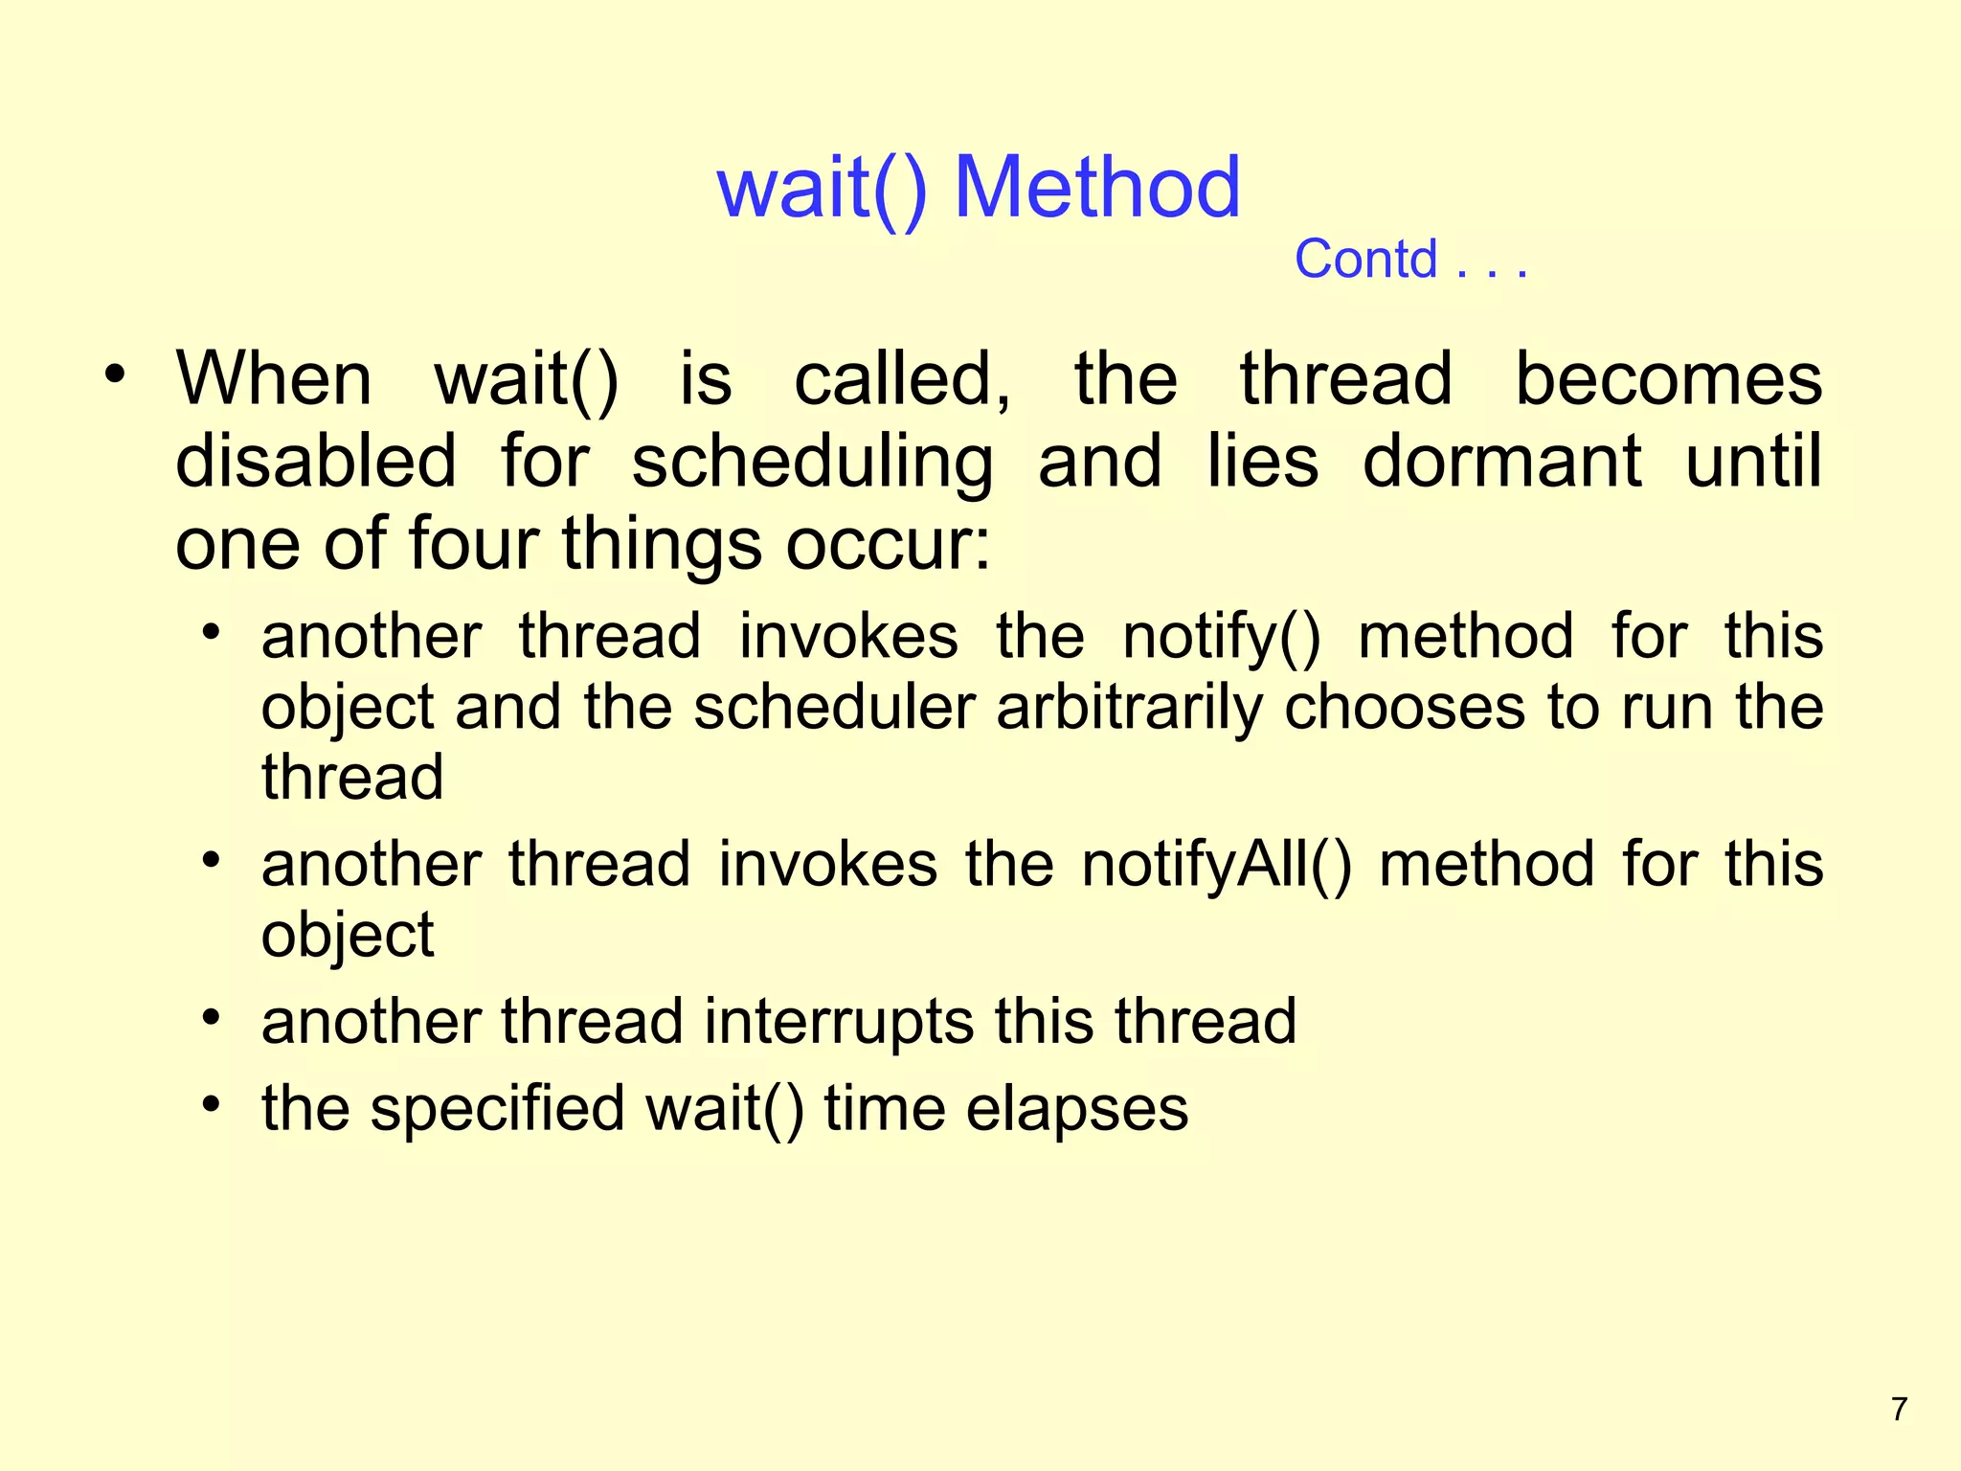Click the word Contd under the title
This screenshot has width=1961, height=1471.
click(1365, 260)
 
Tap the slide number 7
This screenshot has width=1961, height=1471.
click(1900, 1410)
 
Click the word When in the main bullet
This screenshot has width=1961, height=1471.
click(274, 379)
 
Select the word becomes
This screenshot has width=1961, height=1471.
click(1668, 379)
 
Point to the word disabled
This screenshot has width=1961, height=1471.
click(316, 462)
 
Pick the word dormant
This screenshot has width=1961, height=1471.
click(1501, 462)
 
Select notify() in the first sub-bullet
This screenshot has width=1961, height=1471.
click(1221, 638)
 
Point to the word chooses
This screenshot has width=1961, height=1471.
click(1404, 709)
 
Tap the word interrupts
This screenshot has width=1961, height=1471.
click(839, 1021)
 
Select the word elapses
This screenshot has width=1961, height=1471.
click(1076, 1109)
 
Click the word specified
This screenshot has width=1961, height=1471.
click(497, 1109)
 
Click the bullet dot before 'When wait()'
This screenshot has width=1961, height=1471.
click(115, 376)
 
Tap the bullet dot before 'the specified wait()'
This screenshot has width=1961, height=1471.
click(212, 1104)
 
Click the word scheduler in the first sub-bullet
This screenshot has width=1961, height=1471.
click(834, 709)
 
